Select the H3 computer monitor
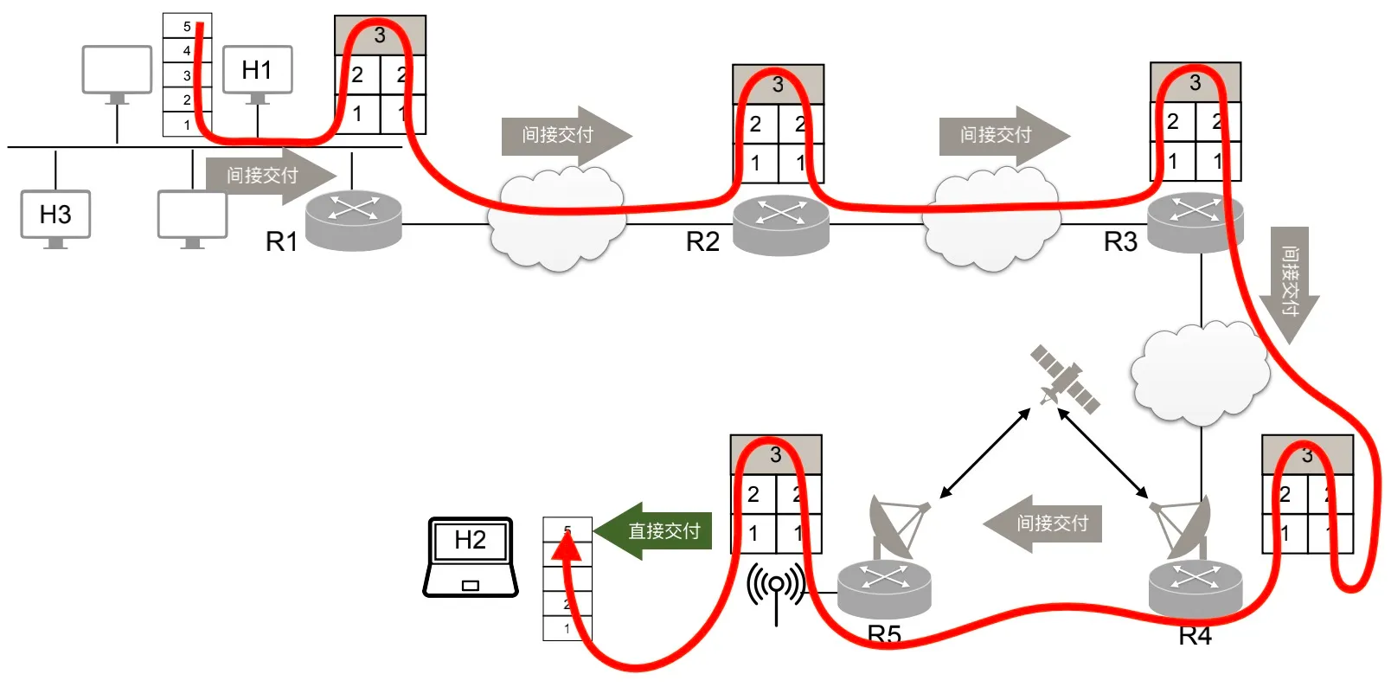point(55,215)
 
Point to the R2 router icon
point(780,224)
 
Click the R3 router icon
point(1195,221)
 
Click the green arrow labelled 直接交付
point(654,530)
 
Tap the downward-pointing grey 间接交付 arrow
point(1289,282)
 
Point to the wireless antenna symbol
point(776,589)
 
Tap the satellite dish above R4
point(1184,527)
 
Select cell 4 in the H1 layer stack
point(187,51)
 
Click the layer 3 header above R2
point(778,85)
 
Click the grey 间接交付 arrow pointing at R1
point(268,176)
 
